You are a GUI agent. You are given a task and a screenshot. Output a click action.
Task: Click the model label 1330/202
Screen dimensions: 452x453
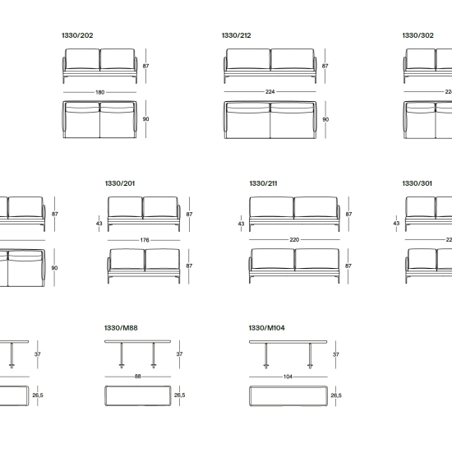tap(77, 35)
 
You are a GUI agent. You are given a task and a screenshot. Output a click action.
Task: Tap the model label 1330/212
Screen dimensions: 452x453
tap(236, 35)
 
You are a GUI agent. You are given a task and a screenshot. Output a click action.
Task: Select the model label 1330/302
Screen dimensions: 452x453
tap(418, 35)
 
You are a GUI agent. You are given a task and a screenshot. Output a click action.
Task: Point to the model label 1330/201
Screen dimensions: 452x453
tap(120, 183)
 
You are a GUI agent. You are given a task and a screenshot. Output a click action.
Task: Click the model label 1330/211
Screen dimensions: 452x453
tap(263, 183)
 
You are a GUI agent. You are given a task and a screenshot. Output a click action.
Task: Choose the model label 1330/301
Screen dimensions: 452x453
tap(417, 183)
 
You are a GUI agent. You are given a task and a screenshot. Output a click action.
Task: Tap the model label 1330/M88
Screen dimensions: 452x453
tap(121, 328)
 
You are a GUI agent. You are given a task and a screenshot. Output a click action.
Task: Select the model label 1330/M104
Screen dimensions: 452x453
tap(266, 328)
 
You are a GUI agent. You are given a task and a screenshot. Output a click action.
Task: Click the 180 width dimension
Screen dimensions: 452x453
tap(100, 92)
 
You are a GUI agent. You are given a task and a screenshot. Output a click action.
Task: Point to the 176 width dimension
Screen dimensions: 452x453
tap(145, 240)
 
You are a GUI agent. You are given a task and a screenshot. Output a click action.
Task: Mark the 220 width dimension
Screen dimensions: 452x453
tap(294, 240)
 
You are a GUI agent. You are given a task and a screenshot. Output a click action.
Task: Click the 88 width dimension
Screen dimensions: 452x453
tap(137, 377)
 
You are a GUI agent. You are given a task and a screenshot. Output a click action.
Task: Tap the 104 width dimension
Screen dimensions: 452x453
tap(288, 377)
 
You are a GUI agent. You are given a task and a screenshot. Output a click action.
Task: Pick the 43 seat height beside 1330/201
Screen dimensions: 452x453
tap(99, 224)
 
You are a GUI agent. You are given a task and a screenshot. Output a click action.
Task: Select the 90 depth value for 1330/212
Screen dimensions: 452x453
tap(325, 119)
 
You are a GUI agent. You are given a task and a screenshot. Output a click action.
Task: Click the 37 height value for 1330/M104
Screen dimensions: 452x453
tap(336, 354)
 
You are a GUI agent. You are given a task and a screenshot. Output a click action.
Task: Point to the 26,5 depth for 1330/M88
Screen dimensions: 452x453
tap(180, 395)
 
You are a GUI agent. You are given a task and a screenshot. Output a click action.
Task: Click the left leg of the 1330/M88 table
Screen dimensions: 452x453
tap(122, 355)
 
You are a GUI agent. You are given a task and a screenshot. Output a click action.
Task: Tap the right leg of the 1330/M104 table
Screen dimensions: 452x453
tap(310, 356)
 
